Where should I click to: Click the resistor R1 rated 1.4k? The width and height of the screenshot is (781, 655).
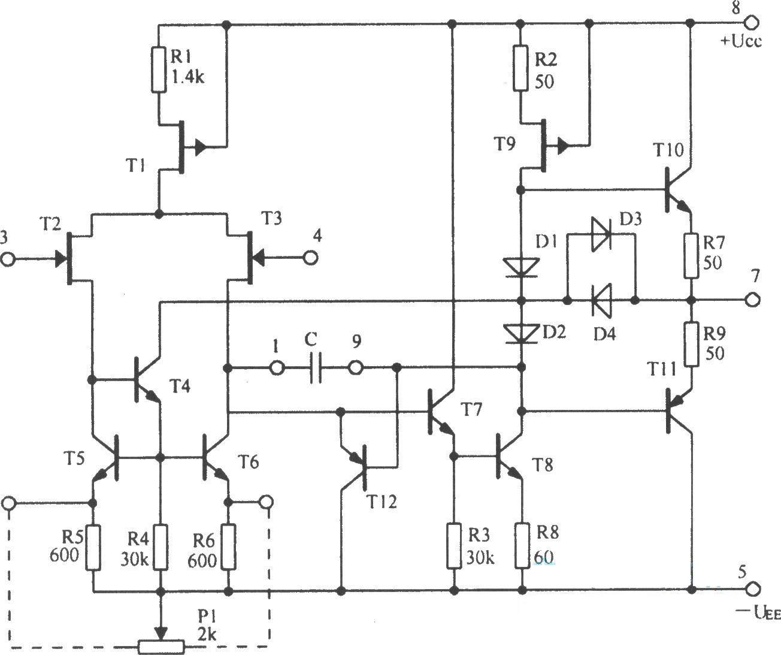point(159,68)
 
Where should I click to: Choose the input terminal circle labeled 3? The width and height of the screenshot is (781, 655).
point(8,260)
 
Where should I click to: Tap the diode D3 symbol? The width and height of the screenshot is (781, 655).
point(601,234)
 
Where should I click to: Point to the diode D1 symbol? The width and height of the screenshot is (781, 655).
point(520,267)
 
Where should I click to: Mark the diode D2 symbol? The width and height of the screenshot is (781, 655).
point(520,333)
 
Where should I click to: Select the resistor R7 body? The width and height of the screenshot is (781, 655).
point(692,255)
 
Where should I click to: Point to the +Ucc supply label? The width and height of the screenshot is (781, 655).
point(741,42)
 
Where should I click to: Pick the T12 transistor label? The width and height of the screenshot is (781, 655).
point(382,501)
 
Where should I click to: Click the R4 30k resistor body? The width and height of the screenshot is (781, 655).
point(160,547)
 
